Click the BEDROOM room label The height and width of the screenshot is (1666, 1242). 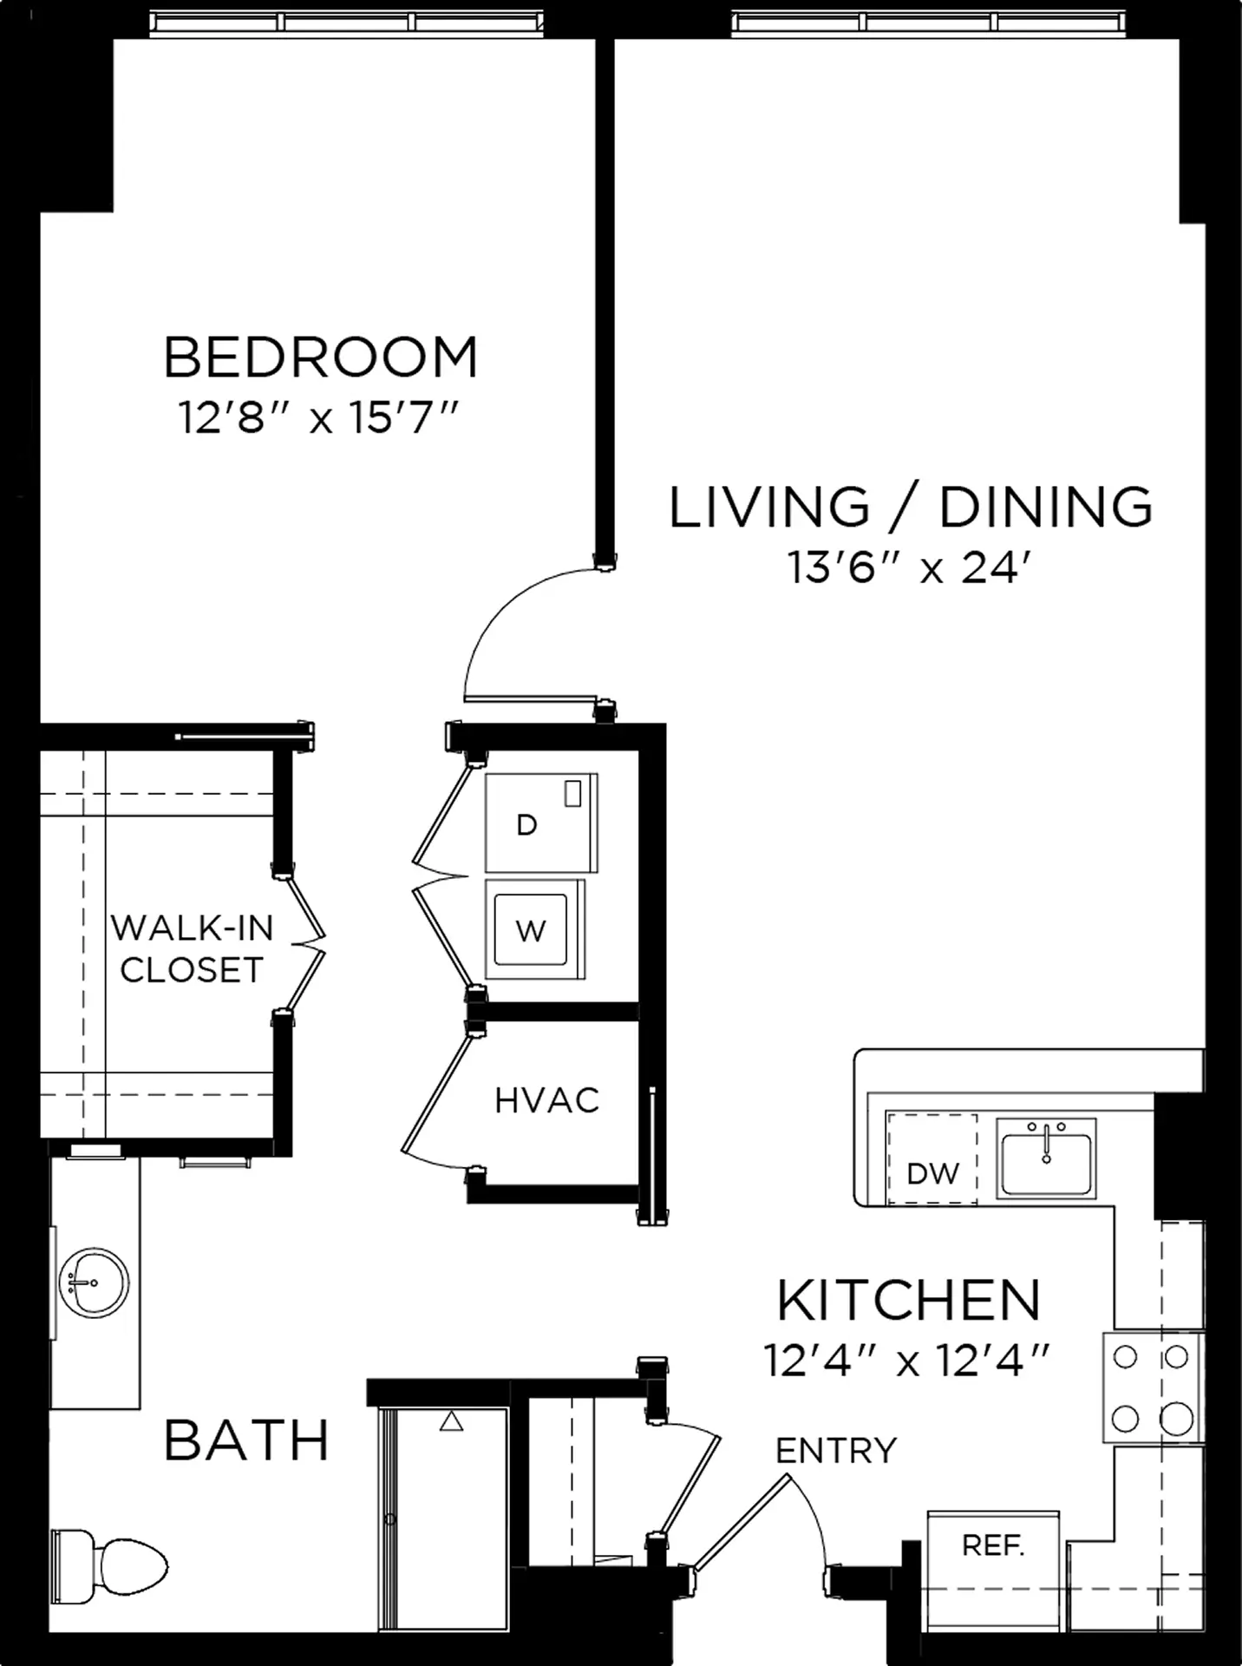pyautogui.click(x=321, y=357)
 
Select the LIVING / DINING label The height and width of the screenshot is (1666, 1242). pyautogui.click(x=911, y=507)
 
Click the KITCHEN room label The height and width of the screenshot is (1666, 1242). pyautogui.click(x=908, y=1299)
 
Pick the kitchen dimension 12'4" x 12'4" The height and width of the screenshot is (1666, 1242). pyautogui.click(x=907, y=1361)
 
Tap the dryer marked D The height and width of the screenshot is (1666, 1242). pyautogui.click(x=541, y=822)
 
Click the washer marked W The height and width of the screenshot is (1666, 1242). pyautogui.click(x=534, y=929)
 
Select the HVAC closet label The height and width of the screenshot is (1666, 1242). pyautogui.click(x=546, y=1100)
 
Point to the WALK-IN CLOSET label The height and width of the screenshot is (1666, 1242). pyautogui.click(x=192, y=949)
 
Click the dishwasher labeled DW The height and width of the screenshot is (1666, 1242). pyautogui.click(x=931, y=1158)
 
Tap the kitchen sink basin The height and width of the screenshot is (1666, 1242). pyautogui.click(x=1046, y=1158)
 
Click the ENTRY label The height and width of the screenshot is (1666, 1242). pyautogui.click(x=836, y=1450)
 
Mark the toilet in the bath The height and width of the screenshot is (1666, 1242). pyautogui.click(x=109, y=1566)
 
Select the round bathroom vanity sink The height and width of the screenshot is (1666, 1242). pyautogui.click(x=93, y=1282)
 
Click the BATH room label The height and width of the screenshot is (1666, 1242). pyautogui.click(x=246, y=1440)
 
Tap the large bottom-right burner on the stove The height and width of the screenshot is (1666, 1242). pyautogui.click(x=1176, y=1420)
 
